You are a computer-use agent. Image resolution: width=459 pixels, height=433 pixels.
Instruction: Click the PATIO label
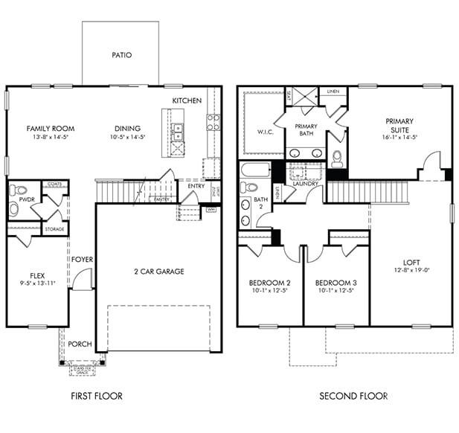pyautogui.click(x=121, y=55)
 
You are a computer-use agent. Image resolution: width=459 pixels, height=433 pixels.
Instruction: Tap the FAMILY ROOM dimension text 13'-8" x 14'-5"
pyautogui.click(x=51, y=138)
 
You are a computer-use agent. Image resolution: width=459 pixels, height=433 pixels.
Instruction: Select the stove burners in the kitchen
pyautogui.click(x=214, y=122)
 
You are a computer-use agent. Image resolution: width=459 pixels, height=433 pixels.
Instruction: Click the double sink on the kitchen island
pyautogui.click(x=178, y=132)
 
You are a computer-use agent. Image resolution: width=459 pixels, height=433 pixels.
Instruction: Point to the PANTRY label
pyautogui.click(x=161, y=199)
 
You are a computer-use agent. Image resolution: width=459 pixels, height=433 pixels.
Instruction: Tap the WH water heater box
pyautogui.click(x=211, y=210)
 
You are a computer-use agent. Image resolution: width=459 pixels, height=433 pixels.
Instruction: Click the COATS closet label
pyautogui.click(x=54, y=183)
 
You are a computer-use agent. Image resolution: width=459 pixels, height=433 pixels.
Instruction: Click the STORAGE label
pyautogui.click(x=54, y=230)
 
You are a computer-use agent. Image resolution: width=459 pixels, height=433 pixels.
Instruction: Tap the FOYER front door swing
pyautogui.click(x=84, y=280)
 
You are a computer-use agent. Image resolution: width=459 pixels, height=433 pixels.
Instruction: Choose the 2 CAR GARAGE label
pyautogui.click(x=158, y=272)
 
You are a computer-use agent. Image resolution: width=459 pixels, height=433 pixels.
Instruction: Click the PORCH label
pyautogui.click(x=80, y=344)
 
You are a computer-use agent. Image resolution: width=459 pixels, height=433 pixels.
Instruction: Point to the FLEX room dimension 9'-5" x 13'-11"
pyautogui.click(x=36, y=283)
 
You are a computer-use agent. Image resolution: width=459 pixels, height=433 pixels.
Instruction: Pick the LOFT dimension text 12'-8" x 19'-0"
pyautogui.click(x=411, y=271)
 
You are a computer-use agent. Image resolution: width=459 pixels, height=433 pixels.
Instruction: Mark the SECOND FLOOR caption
pyautogui.click(x=353, y=396)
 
